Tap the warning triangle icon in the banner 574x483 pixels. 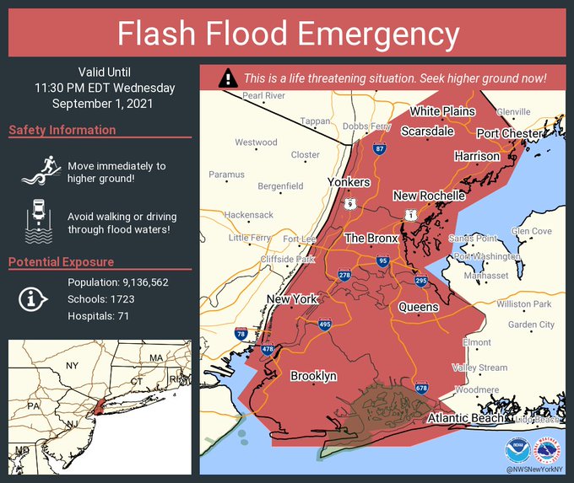pyautogui.click(x=227, y=78)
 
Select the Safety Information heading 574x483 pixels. pyautogui.click(x=62, y=130)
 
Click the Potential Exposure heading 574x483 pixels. pyautogui.click(x=62, y=262)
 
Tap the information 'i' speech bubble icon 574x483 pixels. pyautogui.click(x=32, y=298)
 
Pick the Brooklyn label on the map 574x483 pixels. pyautogui.click(x=313, y=375)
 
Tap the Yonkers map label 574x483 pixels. pyautogui.click(x=349, y=182)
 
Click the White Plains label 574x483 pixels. pyautogui.click(x=443, y=111)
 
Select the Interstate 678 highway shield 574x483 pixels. pyautogui.click(x=421, y=387)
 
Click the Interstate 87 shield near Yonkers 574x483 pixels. pyautogui.click(x=380, y=149)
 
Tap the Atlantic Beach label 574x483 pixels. pyautogui.click(x=465, y=418)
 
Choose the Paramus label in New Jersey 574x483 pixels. pyautogui.click(x=226, y=174)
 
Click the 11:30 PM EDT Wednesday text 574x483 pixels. pyautogui.click(x=105, y=88)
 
